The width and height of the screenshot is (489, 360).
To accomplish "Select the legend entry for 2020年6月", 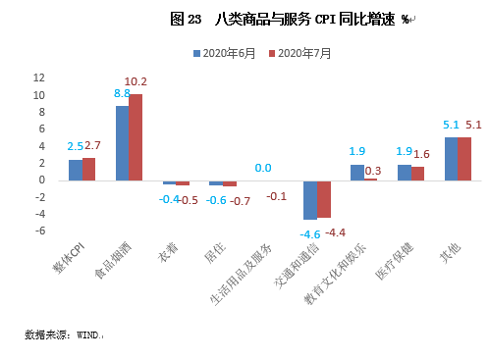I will tap(227, 54).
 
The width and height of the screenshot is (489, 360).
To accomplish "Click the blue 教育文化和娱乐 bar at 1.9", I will tap(356, 172).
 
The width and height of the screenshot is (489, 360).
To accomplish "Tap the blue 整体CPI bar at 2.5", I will tap(75, 170).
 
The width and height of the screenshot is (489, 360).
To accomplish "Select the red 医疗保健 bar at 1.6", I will tap(417, 173).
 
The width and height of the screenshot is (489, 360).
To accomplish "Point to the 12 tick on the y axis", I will tap(38, 78).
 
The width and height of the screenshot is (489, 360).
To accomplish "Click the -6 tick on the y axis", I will tap(40, 231).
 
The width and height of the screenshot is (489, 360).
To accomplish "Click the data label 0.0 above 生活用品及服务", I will tap(263, 168).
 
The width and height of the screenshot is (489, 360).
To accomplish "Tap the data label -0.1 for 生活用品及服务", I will tap(277, 196).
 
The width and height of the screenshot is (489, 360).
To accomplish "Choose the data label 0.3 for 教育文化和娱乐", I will tap(373, 171).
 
